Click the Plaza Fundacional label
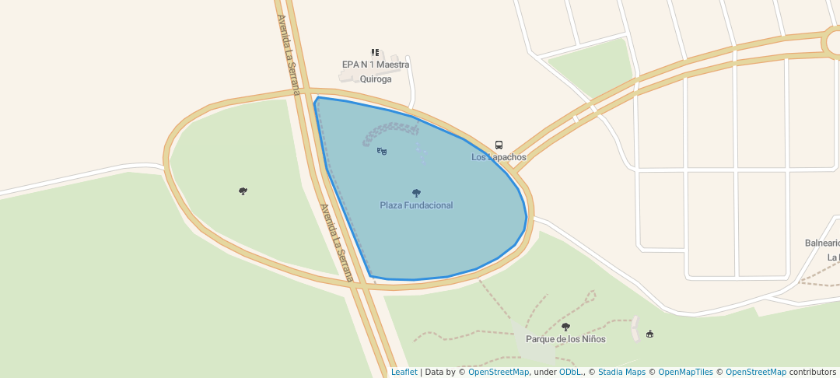coord(416,205)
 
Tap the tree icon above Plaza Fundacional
coord(416,193)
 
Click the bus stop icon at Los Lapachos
coord(499,145)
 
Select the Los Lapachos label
coord(499,157)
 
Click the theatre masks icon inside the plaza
coord(382,151)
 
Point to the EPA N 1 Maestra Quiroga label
coord(376,72)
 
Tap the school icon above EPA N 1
coord(375,52)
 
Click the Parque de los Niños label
coord(565,339)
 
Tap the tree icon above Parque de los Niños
coord(565,327)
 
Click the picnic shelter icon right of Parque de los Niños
coord(650,334)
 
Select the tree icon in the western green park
coord(243,191)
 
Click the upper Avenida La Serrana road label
coord(287,54)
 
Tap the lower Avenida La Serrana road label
coord(337,242)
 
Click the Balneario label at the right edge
coord(822,243)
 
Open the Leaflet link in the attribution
coord(404,372)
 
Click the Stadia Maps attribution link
coord(621,372)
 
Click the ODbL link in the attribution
coord(571,372)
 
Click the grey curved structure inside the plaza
coord(389,130)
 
